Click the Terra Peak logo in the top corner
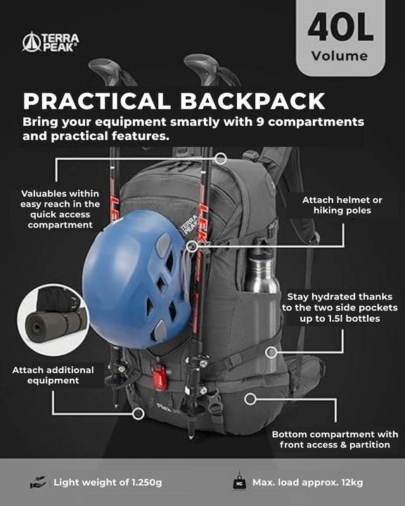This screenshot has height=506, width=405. coord(51,41)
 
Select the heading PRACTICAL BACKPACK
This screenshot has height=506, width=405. coord(174,100)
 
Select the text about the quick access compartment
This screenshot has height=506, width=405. coord(60,209)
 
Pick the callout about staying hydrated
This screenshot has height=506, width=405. coord(340,308)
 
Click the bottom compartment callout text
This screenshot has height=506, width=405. coord(335,439)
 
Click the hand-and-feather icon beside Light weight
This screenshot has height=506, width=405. coord(37,483)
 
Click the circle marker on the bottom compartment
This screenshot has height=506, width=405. coord(250,398)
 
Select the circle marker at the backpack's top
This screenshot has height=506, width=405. coord(220,159)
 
